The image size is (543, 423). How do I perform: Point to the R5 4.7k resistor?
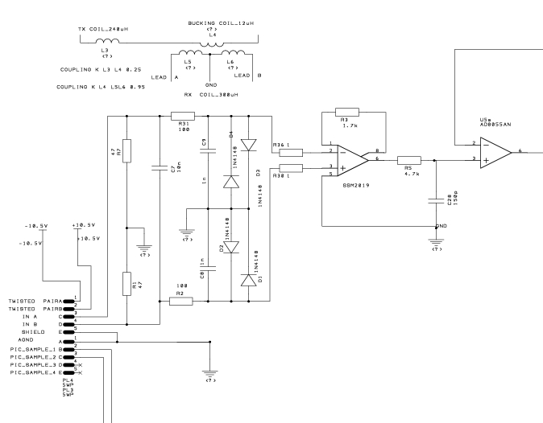410,160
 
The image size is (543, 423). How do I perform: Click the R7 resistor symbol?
126,151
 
